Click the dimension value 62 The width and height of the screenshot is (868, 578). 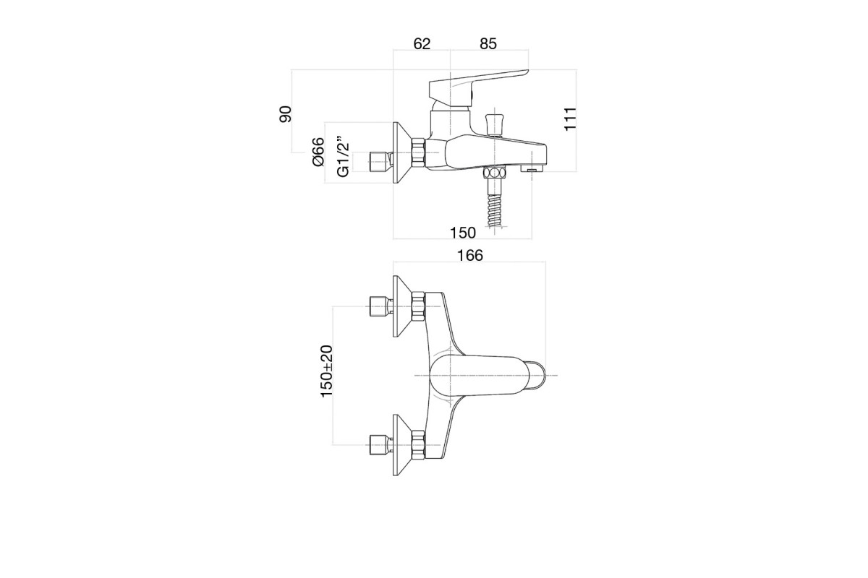422,44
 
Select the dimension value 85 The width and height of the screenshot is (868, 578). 488,44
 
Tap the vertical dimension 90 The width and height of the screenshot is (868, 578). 285,114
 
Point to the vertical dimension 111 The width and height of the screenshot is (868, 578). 570,119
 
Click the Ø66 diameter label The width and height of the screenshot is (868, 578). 318,152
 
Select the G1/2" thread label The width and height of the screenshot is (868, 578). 344,157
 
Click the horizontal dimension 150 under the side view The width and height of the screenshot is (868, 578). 462,233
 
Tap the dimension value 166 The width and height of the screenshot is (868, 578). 470,256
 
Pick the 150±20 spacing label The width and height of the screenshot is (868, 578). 327,371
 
